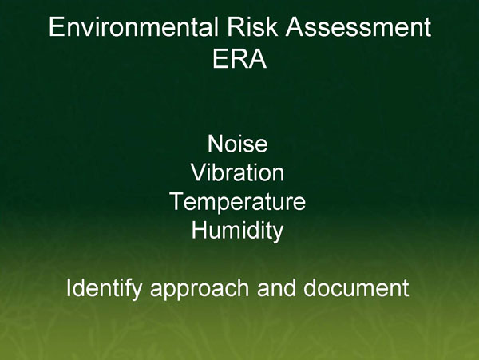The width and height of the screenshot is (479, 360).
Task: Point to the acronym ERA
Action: [239, 60]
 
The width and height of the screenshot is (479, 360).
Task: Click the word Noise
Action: [237, 144]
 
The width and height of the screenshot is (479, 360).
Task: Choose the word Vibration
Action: [237, 173]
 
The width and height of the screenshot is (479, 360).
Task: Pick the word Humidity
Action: [237, 231]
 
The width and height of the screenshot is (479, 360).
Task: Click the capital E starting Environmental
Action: [56, 28]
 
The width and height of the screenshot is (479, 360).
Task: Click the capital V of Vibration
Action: [198, 173]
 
